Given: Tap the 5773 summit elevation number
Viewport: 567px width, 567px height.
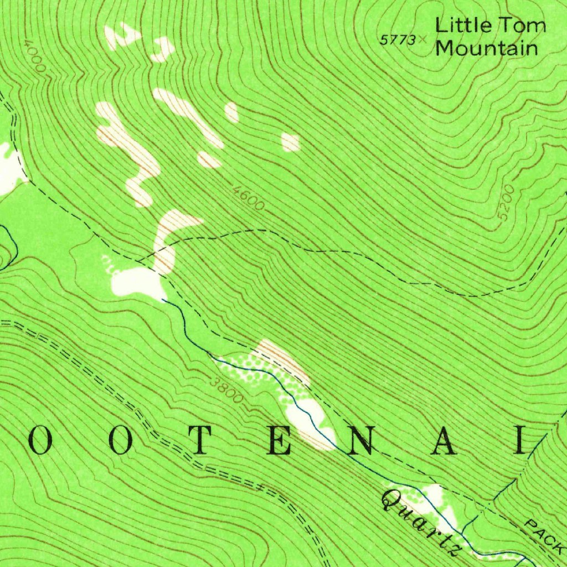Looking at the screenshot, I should click(x=397, y=40).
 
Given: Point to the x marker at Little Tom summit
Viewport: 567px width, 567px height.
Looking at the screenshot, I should click(x=424, y=39).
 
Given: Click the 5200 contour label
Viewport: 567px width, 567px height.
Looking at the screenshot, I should click(x=506, y=204).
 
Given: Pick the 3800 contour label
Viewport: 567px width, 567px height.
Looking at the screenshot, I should click(x=226, y=389).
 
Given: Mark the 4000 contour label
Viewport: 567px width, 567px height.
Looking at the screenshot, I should click(x=34, y=56).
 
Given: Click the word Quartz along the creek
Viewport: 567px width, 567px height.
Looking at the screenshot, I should click(x=420, y=522).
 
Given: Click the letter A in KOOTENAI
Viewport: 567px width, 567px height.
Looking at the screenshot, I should click(x=444, y=442).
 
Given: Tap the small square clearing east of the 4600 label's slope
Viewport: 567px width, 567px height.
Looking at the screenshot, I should click(x=290, y=142).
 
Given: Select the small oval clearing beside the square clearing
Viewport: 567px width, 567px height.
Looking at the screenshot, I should click(x=231, y=112).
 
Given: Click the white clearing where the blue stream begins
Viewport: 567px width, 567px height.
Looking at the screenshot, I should click(x=136, y=282).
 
